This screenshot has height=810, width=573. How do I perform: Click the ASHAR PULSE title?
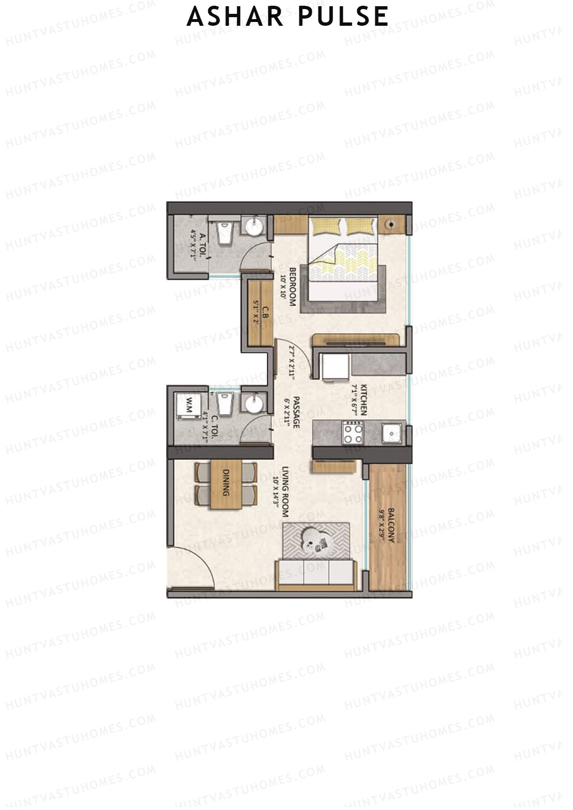(x=287, y=17)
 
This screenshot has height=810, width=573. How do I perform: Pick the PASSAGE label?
(x=297, y=412)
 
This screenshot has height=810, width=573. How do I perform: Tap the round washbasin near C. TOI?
(x=253, y=404)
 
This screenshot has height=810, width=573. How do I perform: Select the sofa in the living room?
(x=316, y=574)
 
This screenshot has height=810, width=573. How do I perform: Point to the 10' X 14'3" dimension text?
(x=276, y=493)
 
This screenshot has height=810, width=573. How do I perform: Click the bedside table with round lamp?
(x=392, y=223)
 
